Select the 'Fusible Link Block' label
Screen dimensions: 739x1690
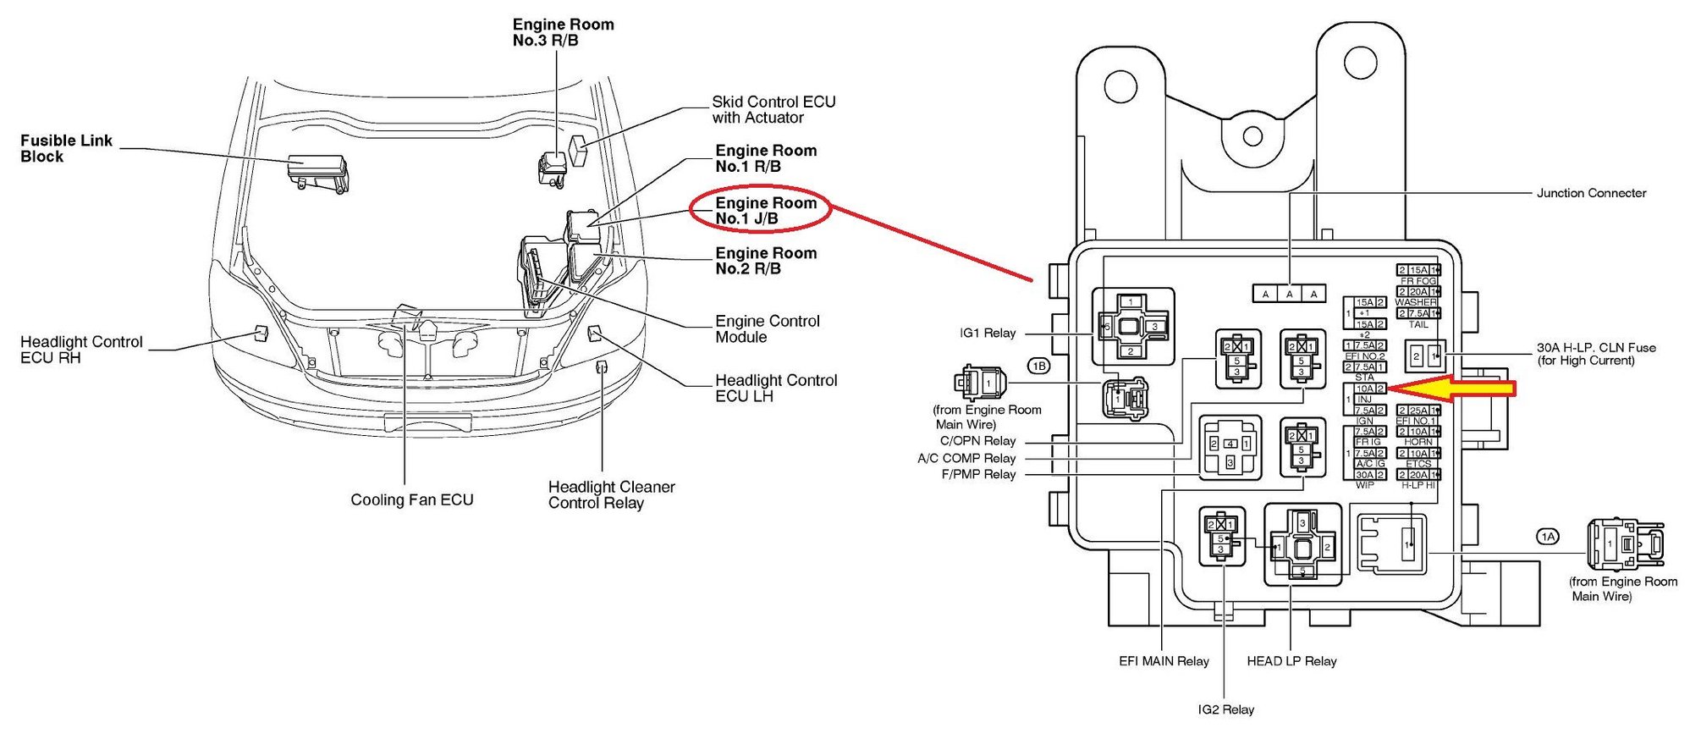point(66,148)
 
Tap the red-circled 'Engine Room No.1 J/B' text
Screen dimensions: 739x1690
point(765,210)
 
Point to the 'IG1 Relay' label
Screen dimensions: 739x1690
point(987,333)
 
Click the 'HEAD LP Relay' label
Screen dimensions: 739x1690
point(1291,660)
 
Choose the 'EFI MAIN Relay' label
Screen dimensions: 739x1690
point(1163,660)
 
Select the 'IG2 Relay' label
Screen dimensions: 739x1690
point(1225,709)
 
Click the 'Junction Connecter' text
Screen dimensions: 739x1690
point(1590,193)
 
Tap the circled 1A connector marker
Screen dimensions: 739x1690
point(1547,537)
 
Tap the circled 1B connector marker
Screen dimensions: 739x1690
point(1038,366)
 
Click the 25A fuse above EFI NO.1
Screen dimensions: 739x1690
point(1418,411)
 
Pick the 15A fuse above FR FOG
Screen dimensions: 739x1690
point(1418,270)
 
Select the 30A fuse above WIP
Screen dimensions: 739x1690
point(1365,475)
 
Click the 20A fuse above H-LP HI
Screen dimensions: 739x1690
point(1418,475)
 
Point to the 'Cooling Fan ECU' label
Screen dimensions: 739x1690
point(411,499)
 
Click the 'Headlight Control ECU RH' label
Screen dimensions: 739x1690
point(81,349)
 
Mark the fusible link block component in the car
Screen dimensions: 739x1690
point(317,170)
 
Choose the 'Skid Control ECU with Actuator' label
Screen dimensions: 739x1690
point(773,109)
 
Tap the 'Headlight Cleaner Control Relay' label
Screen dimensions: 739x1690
point(610,494)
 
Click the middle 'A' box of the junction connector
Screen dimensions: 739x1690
point(1289,294)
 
